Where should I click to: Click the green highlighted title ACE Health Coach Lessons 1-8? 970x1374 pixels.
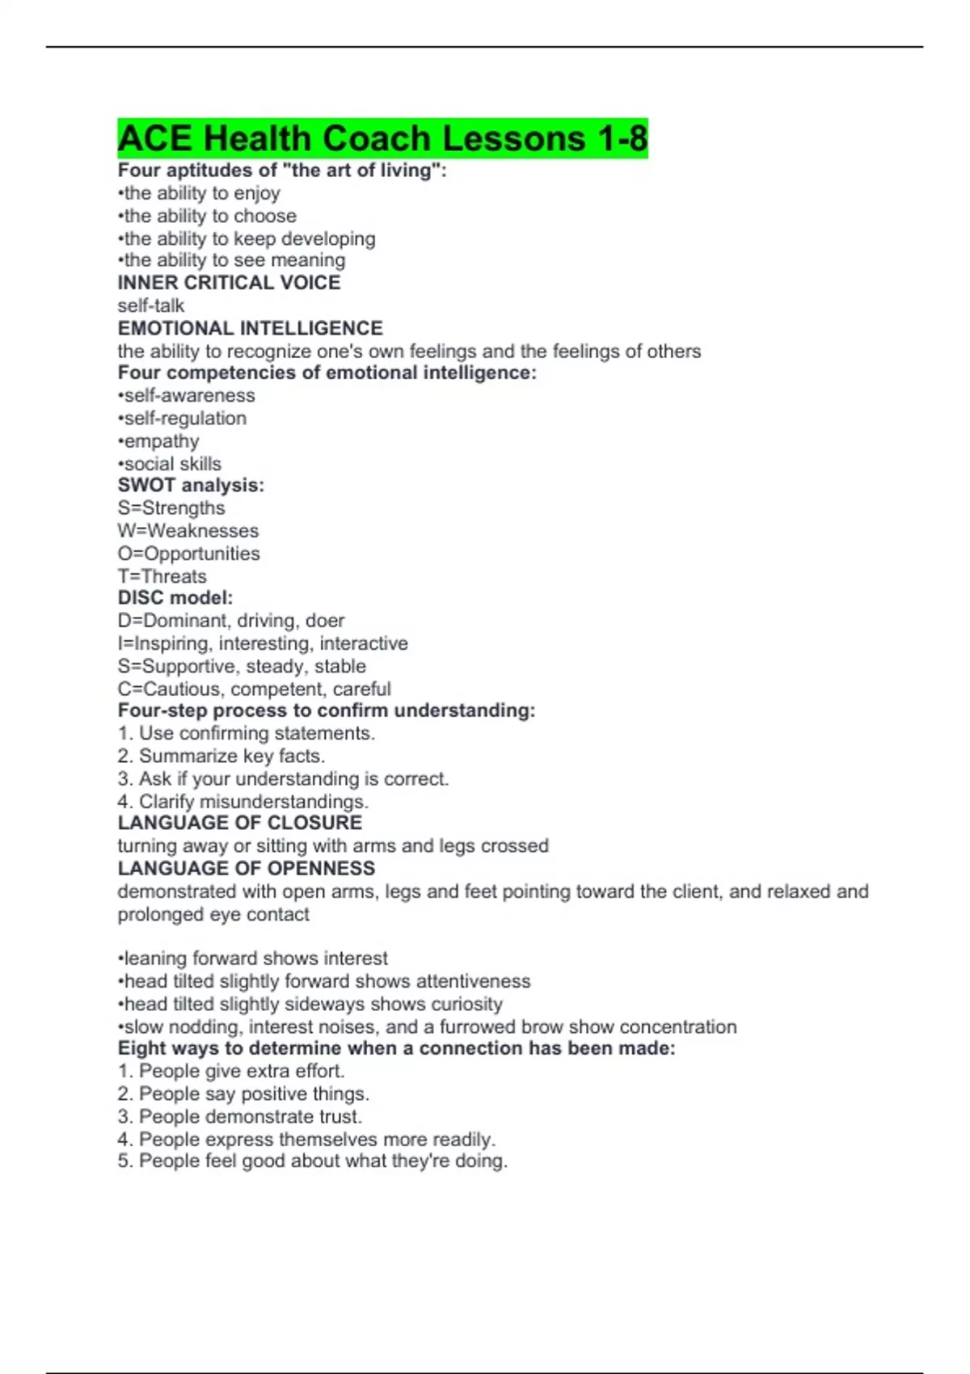pos(382,138)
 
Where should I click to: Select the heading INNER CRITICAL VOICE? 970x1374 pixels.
pos(229,283)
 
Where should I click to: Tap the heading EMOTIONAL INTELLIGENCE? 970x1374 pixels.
pos(250,328)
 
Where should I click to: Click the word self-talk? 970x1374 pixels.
pos(151,306)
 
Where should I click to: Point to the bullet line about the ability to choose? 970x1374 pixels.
pos(207,216)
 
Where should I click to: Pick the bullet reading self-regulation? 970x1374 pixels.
pos(182,418)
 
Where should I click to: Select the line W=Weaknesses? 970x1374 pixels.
pos(188,531)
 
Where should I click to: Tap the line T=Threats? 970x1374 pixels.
pos(162,576)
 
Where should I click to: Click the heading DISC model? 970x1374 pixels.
pos(175,598)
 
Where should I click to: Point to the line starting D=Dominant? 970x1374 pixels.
pos(230,621)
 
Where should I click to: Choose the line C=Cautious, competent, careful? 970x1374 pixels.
pos(254,689)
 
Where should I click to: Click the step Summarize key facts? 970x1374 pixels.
pos(221,756)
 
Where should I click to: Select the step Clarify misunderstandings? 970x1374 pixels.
pos(242,802)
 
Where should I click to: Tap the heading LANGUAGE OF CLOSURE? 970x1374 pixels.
pos(239,823)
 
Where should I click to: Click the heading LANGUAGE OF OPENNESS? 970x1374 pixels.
pos(246,868)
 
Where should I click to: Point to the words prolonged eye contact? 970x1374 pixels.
pos(213,914)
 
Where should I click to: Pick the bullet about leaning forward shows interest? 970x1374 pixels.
pos(252,959)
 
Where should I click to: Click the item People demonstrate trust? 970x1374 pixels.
pos(239,1116)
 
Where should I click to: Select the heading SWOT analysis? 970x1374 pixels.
pos(191,485)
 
